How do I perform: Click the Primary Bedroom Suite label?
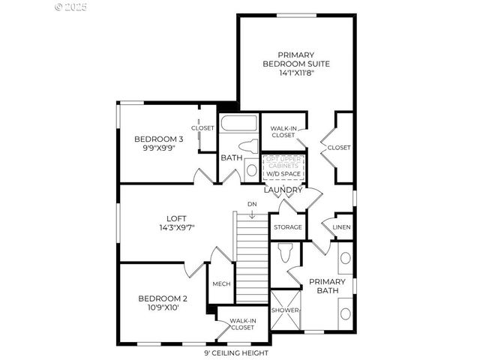[295, 59]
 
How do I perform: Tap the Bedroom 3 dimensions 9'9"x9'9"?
[158, 148]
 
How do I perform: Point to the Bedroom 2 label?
[163, 298]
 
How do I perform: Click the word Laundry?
[283, 190]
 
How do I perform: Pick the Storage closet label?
[287, 227]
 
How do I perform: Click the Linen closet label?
[342, 227]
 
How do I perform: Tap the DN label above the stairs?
[252, 204]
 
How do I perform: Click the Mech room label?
[221, 284]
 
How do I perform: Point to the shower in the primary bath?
[285, 310]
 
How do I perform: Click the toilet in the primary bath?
[285, 255]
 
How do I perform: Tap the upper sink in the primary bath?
[345, 259]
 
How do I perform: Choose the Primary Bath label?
[328, 286]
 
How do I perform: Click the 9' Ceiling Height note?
[235, 353]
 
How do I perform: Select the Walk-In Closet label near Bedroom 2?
[241, 324]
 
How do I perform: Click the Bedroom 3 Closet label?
[202, 128]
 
